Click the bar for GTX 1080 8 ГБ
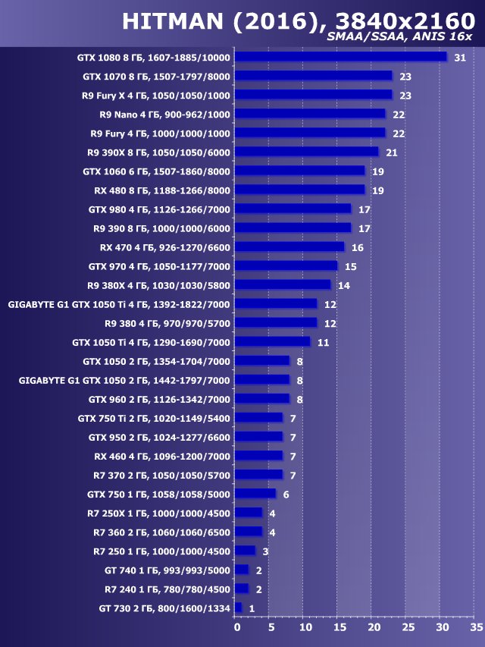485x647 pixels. tap(341, 57)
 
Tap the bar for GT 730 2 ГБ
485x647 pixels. tap(238, 608)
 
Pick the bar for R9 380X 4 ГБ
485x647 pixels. tap(283, 284)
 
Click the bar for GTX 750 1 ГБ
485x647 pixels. tap(255, 494)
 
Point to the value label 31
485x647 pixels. tap(459, 58)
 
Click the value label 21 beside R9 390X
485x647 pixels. tap(391, 152)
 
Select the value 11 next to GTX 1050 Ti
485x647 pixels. tap(323, 342)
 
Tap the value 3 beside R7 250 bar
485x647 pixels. tap(266, 551)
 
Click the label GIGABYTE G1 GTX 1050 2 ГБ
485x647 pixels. tap(124, 380)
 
